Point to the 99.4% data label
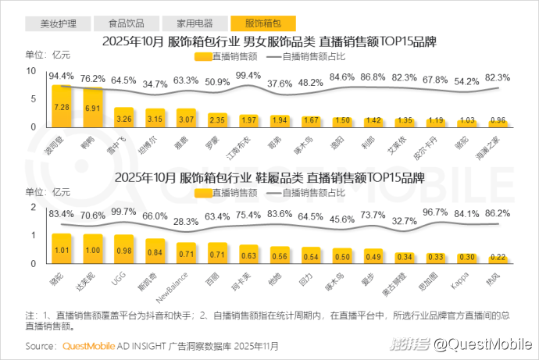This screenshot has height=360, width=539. coord(248,75)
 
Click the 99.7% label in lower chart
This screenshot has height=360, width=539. coord(123,212)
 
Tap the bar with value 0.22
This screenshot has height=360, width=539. coord(498,257)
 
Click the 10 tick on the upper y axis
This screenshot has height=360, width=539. coord(31,71)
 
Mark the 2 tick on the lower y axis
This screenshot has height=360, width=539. coord(34,207)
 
